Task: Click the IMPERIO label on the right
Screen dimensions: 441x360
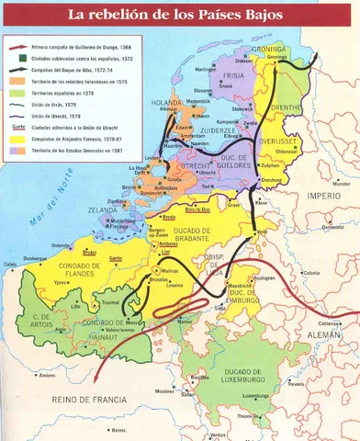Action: [323, 196]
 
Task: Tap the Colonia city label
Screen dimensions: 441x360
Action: [309, 272]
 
